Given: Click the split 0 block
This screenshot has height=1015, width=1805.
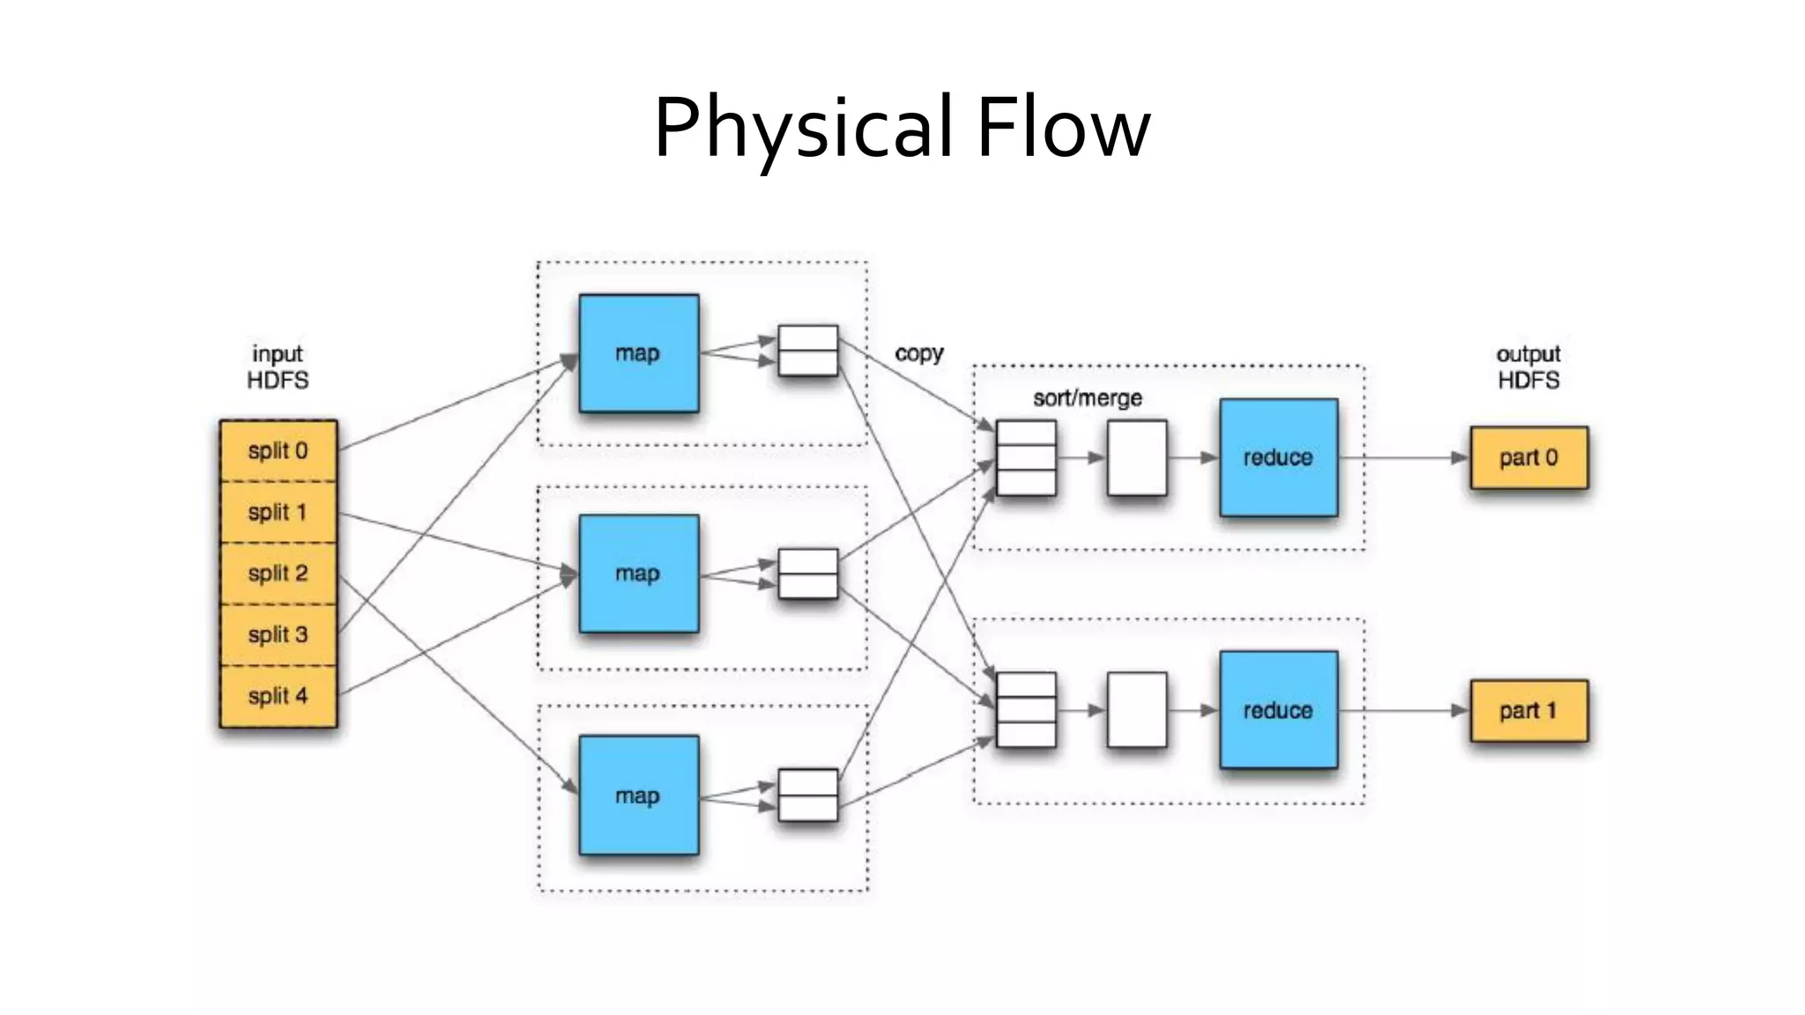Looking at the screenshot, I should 278,451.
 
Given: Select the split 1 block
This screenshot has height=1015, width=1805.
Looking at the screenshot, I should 278,512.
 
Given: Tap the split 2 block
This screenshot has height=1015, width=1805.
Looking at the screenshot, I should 278,574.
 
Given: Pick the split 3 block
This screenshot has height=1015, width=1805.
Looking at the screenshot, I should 278,634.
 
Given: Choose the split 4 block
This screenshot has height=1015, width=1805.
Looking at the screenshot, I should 278,696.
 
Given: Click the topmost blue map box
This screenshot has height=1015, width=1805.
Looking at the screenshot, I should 639,353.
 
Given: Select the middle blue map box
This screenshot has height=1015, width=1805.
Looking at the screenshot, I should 639,574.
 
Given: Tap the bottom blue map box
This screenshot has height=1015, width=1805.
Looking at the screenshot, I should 639,796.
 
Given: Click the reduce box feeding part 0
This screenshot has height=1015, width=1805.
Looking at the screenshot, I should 1278,457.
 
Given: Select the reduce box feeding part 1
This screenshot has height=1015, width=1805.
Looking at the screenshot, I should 1278,710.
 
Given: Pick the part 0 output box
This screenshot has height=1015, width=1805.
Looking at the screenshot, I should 1528,457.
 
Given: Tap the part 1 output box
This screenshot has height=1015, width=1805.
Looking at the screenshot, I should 1528,710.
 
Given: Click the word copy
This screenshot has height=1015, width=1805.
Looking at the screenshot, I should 918,353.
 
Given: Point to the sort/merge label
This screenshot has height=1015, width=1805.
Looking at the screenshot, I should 1087,398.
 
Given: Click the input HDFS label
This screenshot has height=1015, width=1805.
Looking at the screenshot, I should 278,367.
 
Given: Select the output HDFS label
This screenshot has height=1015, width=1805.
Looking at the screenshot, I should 1528,367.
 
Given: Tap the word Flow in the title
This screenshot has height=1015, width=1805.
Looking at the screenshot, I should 1063,129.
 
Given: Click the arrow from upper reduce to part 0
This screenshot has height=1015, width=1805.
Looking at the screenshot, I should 1401,458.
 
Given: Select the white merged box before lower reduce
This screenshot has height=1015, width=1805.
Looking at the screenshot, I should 1137,710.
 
